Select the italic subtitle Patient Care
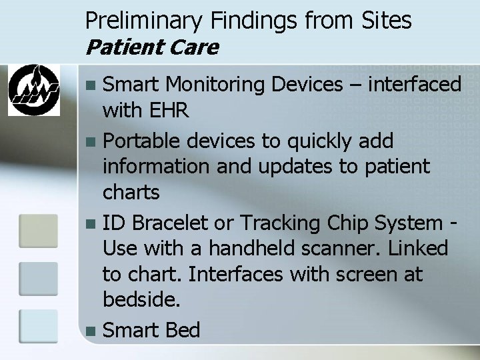tap(152, 47)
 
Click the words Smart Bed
tap(152, 329)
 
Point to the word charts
tap(131, 193)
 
